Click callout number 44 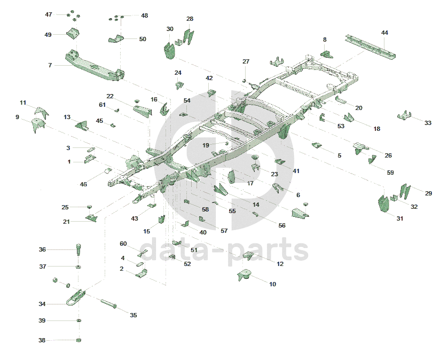tap(384, 33)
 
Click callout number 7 tap(50, 65)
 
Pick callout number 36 tap(42, 249)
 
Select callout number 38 tap(42, 340)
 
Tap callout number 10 tap(272, 284)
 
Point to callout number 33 tap(428, 123)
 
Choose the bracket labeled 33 tap(405, 115)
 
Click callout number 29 tap(428, 193)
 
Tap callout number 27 tap(246, 61)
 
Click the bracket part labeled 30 tap(170, 48)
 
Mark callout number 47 tap(49, 14)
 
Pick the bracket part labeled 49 tap(73, 33)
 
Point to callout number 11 tap(23, 103)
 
